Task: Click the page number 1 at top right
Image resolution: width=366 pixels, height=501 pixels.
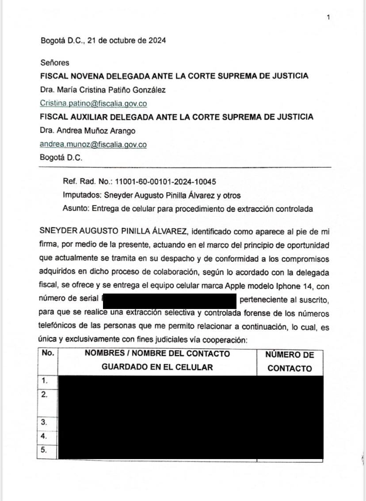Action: point(328,17)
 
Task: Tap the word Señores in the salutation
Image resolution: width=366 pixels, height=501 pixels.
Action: point(54,63)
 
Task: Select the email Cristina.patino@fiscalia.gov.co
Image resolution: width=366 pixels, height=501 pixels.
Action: point(93,104)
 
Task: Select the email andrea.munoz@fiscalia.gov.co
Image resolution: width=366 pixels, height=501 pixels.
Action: point(93,144)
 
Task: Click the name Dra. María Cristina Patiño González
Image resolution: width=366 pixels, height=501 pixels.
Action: point(103,90)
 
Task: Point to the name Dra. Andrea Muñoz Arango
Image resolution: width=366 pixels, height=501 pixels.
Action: point(88,131)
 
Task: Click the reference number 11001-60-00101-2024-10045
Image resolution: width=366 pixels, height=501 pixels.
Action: point(165,182)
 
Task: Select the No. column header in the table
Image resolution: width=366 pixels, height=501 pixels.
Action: point(47,353)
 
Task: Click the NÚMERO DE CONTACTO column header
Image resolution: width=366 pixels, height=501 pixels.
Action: point(290,362)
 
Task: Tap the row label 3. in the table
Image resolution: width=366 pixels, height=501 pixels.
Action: point(44,422)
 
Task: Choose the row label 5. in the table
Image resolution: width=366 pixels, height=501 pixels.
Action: point(44,450)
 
